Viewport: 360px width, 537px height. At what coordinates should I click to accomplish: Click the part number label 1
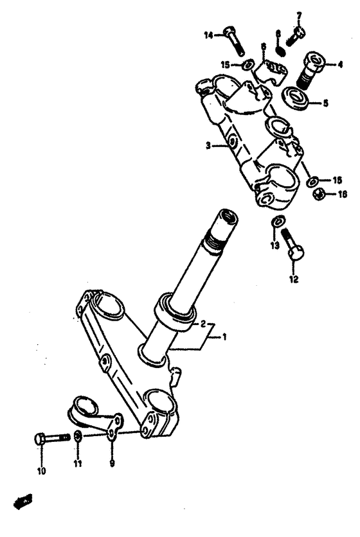click(x=225, y=336)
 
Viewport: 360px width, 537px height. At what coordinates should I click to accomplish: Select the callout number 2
click(x=203, y=323)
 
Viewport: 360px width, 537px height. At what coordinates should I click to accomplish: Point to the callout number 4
click(x=340, y=64)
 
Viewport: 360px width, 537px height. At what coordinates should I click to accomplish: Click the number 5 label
click(x=325, y=102)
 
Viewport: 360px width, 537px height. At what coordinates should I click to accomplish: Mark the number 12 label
click(x=294, y=279)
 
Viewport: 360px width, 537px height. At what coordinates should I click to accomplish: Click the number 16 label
click(x=342, y=194)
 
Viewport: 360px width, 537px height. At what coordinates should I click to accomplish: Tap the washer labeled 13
click(x=276, y=222)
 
